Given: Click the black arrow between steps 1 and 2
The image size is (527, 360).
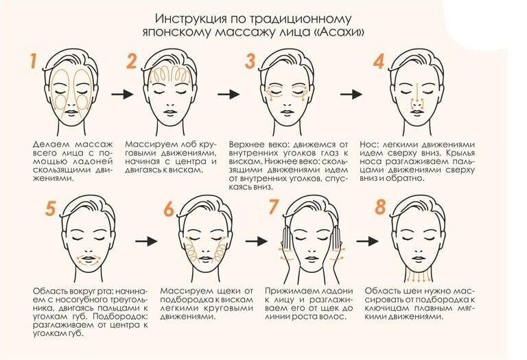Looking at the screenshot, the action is click(x=122, y=95).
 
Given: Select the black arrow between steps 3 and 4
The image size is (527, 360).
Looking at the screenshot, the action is click(x=351, y=95).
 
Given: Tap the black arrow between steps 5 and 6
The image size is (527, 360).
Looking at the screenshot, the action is click(x=147, y=241).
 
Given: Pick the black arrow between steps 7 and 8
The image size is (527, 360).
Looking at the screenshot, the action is click(x=368, y=241).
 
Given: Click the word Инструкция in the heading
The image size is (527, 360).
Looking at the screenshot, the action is click(x=191, y=18).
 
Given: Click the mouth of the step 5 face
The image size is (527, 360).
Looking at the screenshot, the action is click(x=89, y=259).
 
